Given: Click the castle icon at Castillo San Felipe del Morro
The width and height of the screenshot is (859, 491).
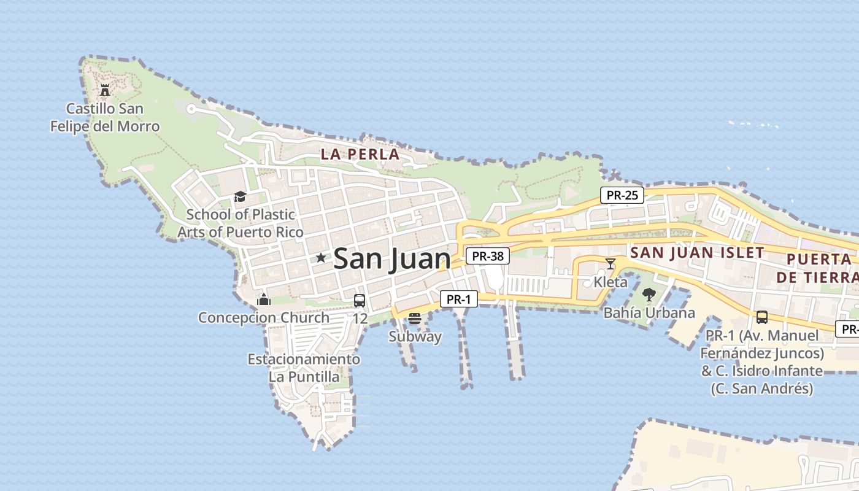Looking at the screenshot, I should coord(105,90).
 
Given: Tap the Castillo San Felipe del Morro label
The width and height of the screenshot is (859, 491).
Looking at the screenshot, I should coord(105,118).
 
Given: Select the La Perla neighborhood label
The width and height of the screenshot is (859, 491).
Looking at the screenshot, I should coord(361,154).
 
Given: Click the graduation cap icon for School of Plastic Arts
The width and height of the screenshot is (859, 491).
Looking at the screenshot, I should coord(240,196).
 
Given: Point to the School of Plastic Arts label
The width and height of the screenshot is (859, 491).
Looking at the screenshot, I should coord(241,223).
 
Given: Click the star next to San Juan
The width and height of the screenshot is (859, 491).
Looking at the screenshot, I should coord(320,258).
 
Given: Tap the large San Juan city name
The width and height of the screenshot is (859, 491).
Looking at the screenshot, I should coord(392,258).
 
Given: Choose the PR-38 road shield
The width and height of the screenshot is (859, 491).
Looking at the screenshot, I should coord(488,256).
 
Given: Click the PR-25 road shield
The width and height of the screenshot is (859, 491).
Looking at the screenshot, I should coord(622,195).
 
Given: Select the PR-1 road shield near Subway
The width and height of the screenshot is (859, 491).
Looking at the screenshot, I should coord(458,300).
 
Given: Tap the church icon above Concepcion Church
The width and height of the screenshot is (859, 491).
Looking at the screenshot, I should coord(264,300).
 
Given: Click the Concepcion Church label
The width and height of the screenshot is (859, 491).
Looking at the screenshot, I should coord(263,318).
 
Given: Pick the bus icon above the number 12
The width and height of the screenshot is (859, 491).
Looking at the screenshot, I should coord(360,301).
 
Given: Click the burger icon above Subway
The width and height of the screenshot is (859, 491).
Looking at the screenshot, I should coord(415,318).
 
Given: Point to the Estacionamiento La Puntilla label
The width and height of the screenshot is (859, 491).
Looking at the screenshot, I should coord(304,368).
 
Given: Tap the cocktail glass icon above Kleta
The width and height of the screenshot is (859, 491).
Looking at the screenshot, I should coord(611,264).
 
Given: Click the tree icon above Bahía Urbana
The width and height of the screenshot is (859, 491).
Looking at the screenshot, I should coord(649,295).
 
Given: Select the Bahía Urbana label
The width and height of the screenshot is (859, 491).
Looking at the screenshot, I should coord(649,312).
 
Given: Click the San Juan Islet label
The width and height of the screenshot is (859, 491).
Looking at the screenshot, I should coord(697,252).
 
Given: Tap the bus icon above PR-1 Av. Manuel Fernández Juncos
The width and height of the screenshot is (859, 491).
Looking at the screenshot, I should coord(762,317).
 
